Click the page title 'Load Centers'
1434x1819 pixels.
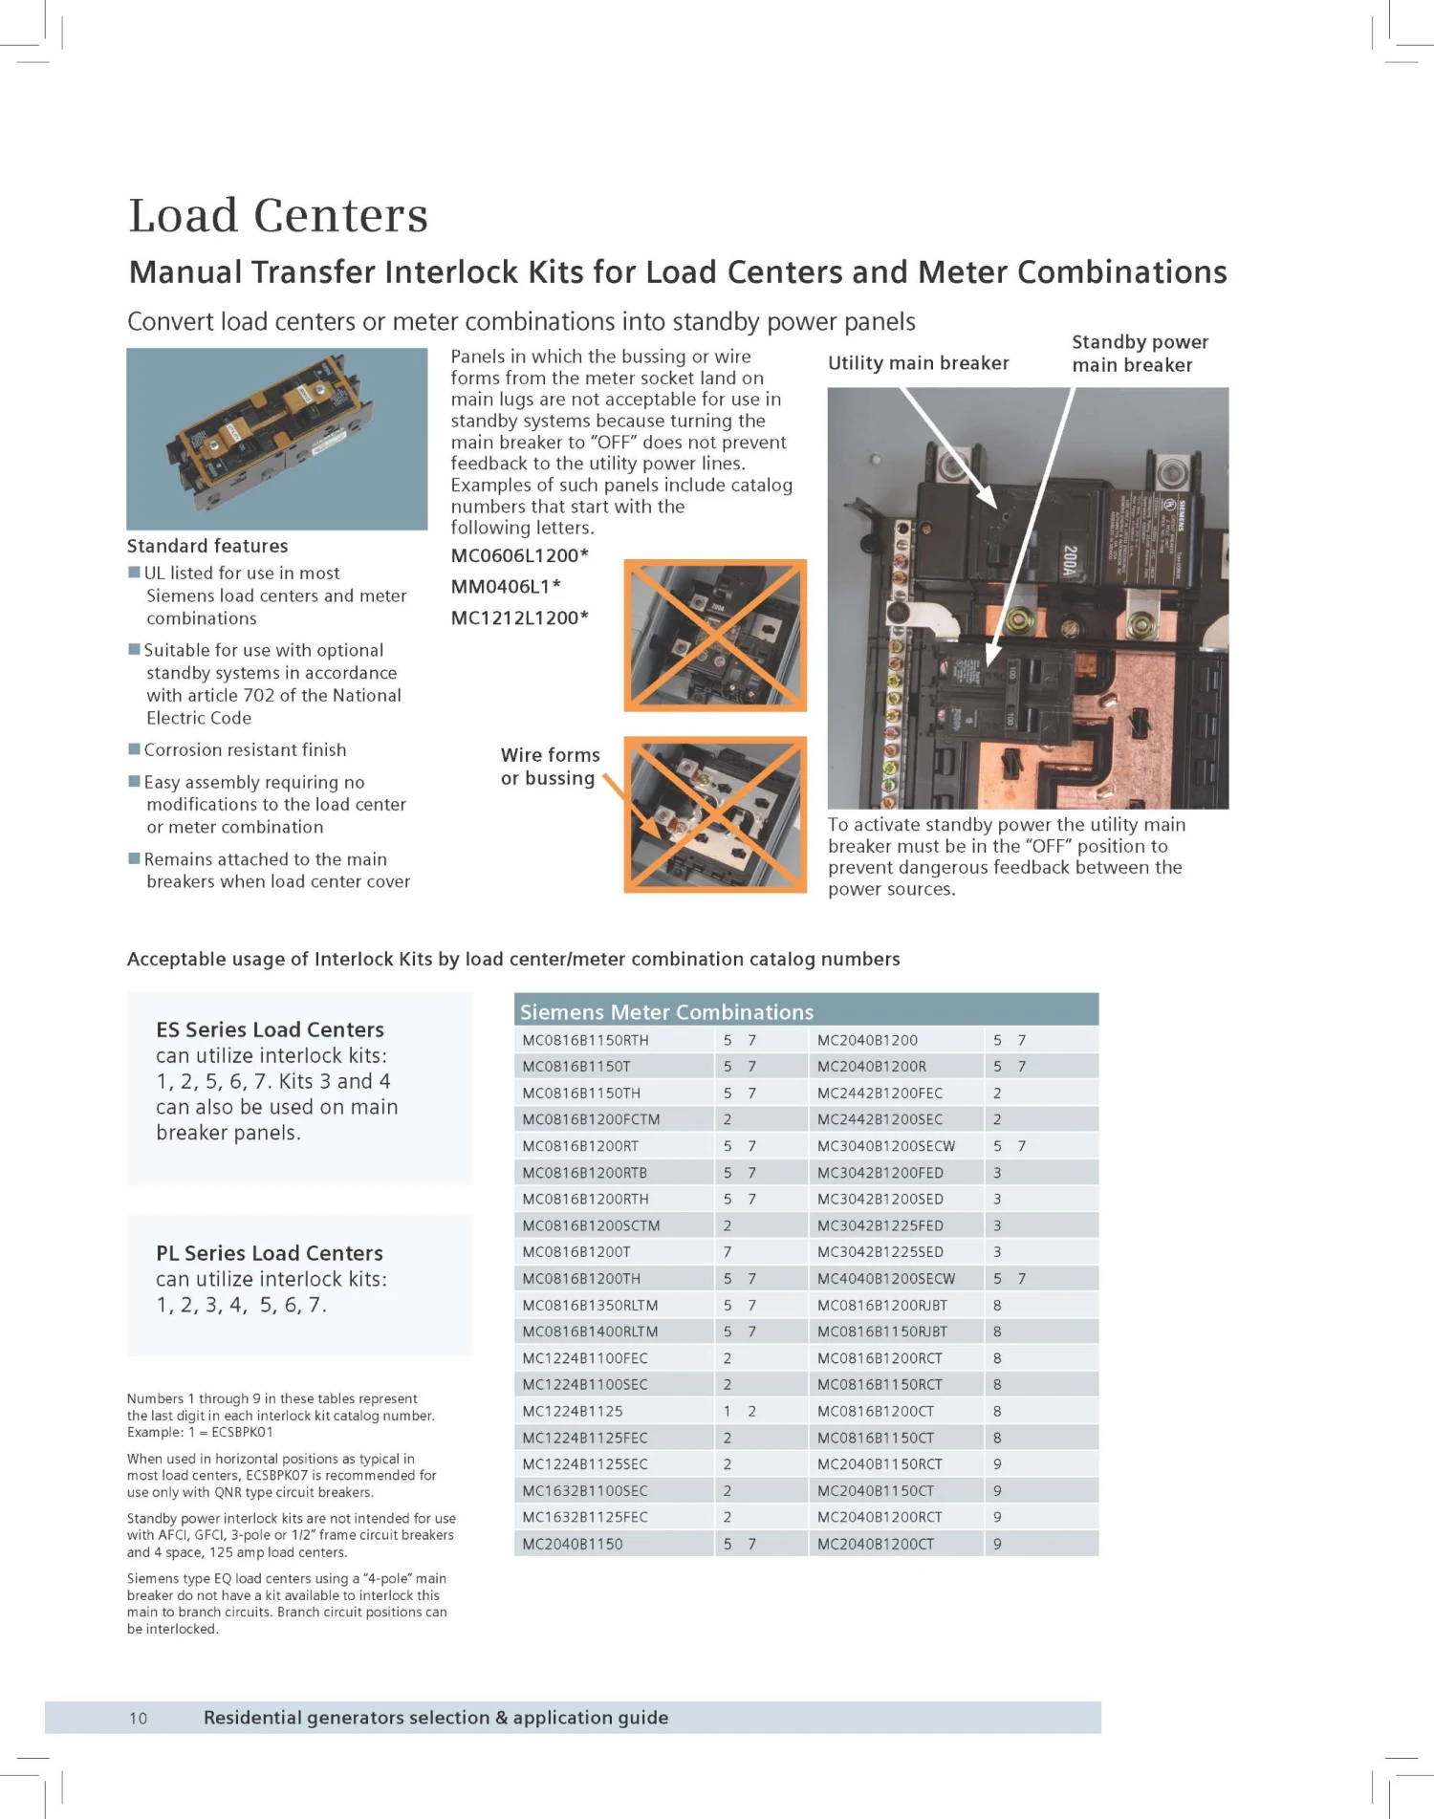coord(278,215)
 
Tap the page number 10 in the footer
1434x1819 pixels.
coord(139,1718)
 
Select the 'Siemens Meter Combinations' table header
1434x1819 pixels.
coord(666,1011)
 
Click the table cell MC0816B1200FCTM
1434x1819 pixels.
coord(591,1119)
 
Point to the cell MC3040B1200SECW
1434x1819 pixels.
coord(886,1146)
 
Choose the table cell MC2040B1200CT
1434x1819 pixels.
coord(876,1544)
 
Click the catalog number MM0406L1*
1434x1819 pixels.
coord(506,586)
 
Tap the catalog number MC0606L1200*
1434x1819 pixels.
coord(519,555)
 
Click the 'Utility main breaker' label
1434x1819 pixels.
coord(918,363)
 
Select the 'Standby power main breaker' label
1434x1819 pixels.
coord(1140,354)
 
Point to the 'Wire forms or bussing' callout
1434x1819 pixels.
coord(550,767)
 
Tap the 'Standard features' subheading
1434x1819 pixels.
coord(207,546)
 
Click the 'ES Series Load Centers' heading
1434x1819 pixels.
coord(270,1029)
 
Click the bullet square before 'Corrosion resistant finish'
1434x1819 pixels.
coord(134,749)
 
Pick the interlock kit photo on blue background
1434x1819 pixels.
coord(276,439)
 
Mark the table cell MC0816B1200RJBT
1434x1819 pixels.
coord(881,1305)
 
